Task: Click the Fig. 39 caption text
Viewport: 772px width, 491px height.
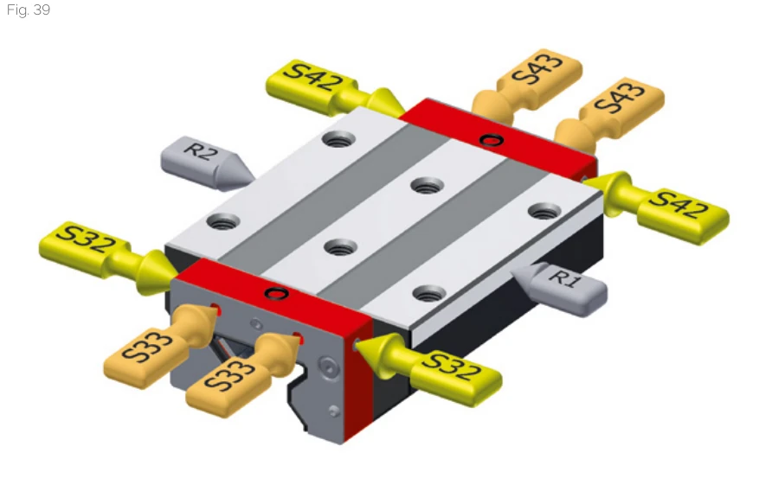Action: coord(28,10)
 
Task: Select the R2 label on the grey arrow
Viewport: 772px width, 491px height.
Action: coord(201,150)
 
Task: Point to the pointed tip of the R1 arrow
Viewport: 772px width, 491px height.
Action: coord(510,270)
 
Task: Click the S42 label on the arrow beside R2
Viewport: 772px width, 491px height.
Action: coord(312,77)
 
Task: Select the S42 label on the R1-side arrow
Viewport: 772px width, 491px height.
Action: coord(679,205)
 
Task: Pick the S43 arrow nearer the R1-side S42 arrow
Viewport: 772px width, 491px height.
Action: coord(608,116)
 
